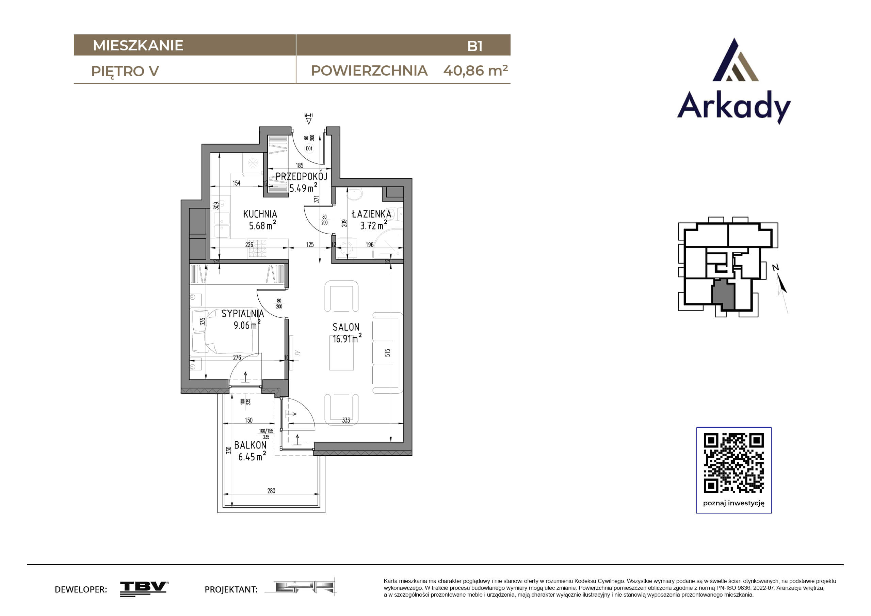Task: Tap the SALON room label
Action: click(x=345, y=327)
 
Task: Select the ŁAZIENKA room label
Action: click(x=371, y=214)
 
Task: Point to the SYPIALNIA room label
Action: click(x=242, y=314)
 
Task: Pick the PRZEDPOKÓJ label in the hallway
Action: click(x=301, y=176)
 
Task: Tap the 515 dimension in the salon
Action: click(x=387, y=352)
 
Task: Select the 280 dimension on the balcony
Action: click(x=271, y=491)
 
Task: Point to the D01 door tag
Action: click(x=309, y=148)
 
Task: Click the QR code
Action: click(x=734, y=463)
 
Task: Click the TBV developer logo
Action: click(x=144, y=589)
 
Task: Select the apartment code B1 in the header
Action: click(x=475, y=46)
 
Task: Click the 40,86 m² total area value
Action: click(x=475, y=70)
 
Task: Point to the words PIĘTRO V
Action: click(x=125, y=72)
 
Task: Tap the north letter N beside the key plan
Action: click(x=775, y=268)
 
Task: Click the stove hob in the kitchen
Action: click(x=258, y=249)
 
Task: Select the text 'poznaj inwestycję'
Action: click(x=734, y=503)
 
